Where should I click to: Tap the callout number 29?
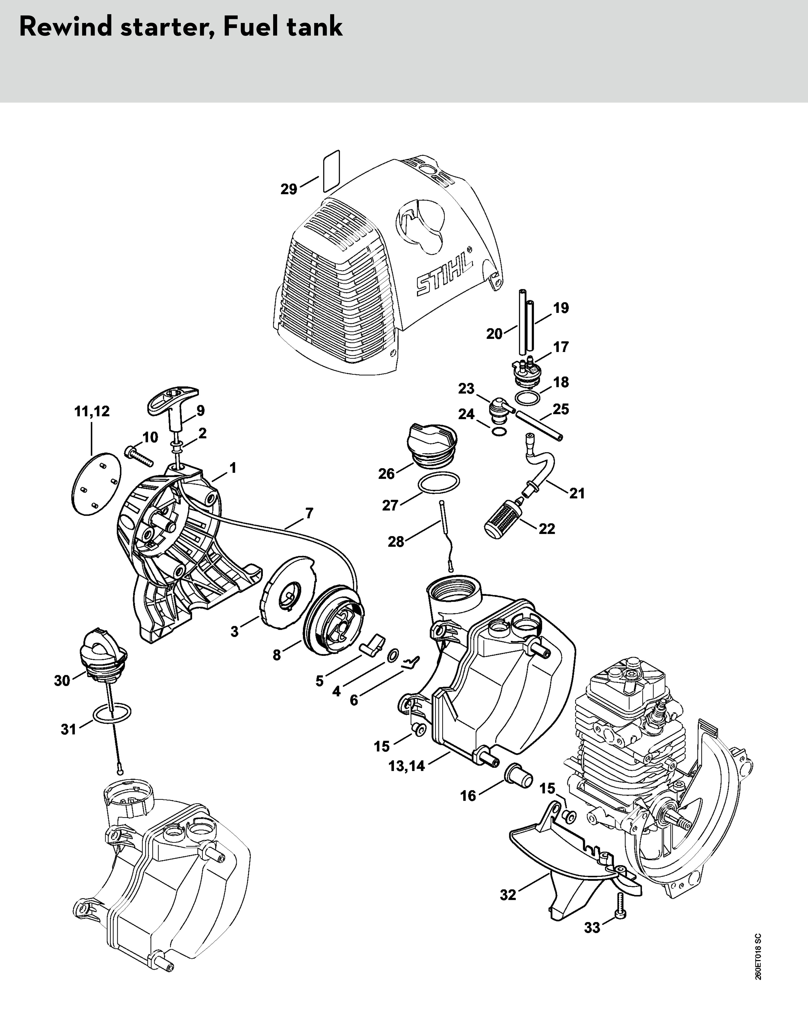pos(289,189)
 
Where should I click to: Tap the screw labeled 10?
pos(140,456)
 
